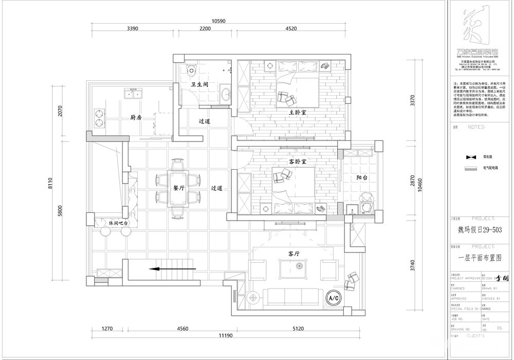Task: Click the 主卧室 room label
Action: (298, 112)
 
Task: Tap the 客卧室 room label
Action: (297, 161)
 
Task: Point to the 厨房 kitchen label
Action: (136, 118)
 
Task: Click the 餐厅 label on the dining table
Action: (179, 188)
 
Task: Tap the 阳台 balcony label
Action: (362, 177)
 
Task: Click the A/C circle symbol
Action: (333, 297)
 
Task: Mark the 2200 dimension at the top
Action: (205, 29)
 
